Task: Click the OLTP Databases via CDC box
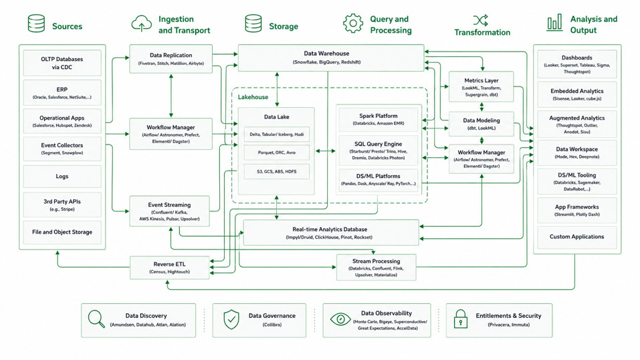(x=62, y=63)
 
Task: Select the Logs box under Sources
(x=62, y=177)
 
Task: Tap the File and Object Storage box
(x=62, y=232)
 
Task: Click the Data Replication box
(x=171, y=59)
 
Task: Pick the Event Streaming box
(x=169, y=211)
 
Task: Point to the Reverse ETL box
(x=169, y=268)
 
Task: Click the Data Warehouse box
(x=330, y=58)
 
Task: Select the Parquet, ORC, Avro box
(x=276, y=153)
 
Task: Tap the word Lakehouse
(x=253, y=97)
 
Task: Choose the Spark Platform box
(x=379, y=119)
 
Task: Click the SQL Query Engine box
(x=379, y=151)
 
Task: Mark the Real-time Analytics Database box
(x=331, y=232)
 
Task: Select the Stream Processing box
(x=377, y=267)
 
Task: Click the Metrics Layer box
(x=482, y=86)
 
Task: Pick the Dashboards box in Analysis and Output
(x=576, y=64)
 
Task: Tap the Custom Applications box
(x=576, y=237)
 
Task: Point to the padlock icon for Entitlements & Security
(x=461, y=319)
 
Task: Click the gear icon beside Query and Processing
(x=352, y=23)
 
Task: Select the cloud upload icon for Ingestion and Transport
(x=141, y=23)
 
